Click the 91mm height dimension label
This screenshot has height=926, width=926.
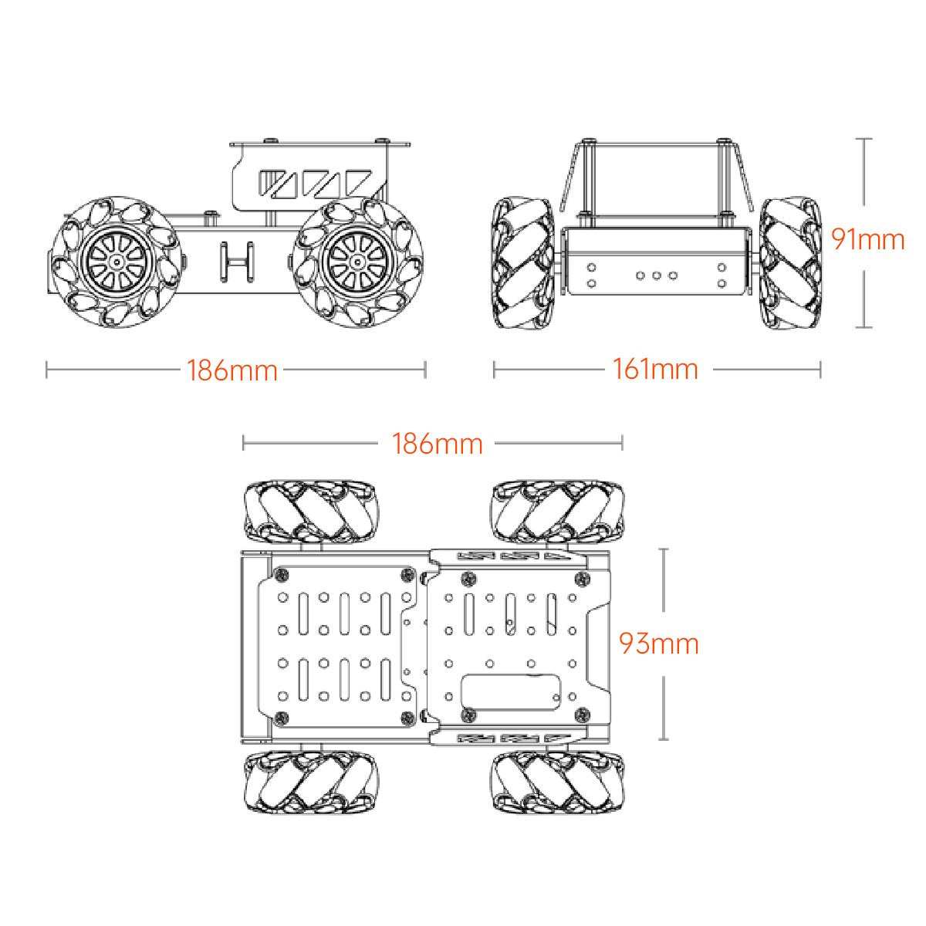click(x=867, y=239)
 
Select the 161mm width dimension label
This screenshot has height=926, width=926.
click(x=655, y=370)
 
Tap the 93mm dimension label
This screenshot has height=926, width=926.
click(x=659, y=643)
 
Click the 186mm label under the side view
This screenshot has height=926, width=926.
click(x=231, y=370)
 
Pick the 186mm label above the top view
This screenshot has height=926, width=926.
click(x=438, y=444)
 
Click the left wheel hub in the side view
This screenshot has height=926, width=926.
click(x=117, y=262)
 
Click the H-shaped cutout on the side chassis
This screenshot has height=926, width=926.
click(x=237, y=261)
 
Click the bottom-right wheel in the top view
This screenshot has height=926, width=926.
click(x=556, y=781)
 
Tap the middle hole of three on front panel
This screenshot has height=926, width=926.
click(x=656, y=275)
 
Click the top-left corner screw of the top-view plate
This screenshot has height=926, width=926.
click(x=282, y=575)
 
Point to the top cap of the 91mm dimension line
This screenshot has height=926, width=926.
click(x=864, y=139)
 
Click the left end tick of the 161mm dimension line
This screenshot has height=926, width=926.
click(x=494, y=370)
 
